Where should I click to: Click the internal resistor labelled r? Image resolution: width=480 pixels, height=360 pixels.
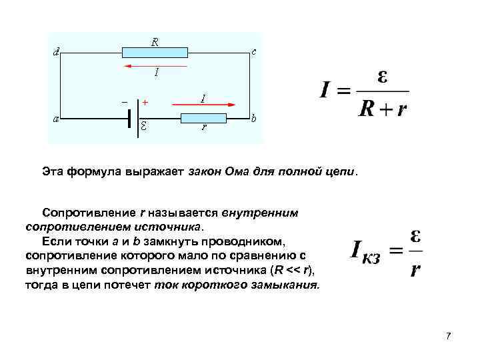(x=204, y=118)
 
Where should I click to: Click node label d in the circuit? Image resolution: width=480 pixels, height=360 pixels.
(x=55, y=52)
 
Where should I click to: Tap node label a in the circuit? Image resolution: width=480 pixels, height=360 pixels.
(x=55, y=118)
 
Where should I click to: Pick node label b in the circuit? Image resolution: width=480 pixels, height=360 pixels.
(x=254, y=119)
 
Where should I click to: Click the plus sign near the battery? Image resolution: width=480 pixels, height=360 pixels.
(x=145, y=103)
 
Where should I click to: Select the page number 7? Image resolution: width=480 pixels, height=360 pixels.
(x=448, y=335)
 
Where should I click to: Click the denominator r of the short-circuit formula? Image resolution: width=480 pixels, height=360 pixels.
(x=415, y=269)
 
